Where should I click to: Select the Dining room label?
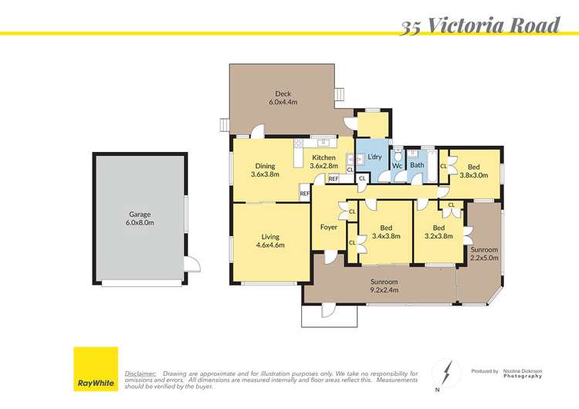(x=265, y=170)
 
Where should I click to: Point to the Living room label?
(x=270, y=241)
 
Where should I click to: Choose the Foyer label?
(x=329, y=227)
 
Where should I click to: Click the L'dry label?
(x=374, y=157)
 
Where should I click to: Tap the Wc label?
(x=397, y=164)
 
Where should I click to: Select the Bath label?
(x=418, y=164)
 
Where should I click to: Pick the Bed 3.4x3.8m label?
(x=386, y=232)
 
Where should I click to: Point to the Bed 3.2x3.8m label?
(x=438, y=232)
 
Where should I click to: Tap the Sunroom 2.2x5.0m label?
(x=485, y=254)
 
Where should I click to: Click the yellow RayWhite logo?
(x=96, y=370)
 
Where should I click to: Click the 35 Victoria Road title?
(x=479, y=25)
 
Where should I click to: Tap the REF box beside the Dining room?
(x=304, y=194)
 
